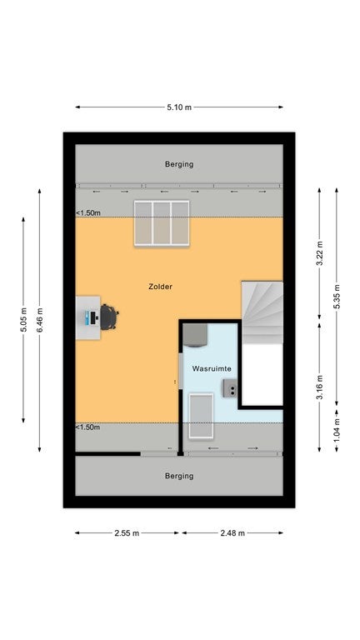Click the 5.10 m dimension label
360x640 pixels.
point(179,107)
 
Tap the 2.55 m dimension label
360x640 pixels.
point(127,532)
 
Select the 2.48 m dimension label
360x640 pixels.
point(232,532)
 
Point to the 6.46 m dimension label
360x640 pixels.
point(40,320)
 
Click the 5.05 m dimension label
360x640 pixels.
point(23,320)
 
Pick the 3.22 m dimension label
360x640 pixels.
point(319,253)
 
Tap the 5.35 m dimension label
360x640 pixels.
point(337,297)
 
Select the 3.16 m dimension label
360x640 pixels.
point(319,387)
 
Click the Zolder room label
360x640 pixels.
point(160,287)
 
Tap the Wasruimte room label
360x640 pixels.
point(212,368)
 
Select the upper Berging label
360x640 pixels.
point(179,164)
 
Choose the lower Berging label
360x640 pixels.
point(179,476)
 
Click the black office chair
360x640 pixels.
point(109,317)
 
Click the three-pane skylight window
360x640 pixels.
point(162,222)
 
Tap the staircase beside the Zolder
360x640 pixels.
point(262,312)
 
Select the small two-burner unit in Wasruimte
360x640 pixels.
point(230,387)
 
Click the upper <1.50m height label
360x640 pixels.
point(88,213)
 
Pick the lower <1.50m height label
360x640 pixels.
point(88,427)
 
